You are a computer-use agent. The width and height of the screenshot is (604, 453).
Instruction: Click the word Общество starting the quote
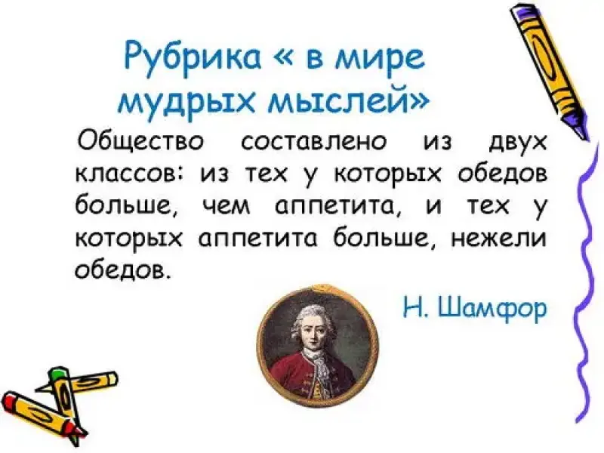(140, 143)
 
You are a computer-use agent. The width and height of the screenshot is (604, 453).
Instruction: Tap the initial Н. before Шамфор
(414, 307)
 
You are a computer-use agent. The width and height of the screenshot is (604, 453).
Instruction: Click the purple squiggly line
(584, 281)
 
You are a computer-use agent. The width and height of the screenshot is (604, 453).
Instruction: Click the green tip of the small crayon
(57, 374)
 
